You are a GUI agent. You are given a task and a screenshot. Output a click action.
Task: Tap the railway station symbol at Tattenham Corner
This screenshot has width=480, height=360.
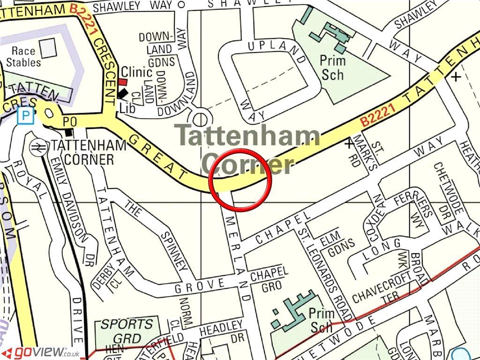(x=36, y=147)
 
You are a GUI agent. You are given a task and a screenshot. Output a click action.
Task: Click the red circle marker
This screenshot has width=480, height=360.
(x=240, y=179)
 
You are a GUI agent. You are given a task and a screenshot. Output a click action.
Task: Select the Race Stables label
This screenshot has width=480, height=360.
(x=26, y=57)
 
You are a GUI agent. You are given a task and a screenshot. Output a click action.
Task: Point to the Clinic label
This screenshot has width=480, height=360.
(x=136, y=72)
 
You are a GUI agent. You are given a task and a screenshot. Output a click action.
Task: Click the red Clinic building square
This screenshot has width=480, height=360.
(x=122, y=82)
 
